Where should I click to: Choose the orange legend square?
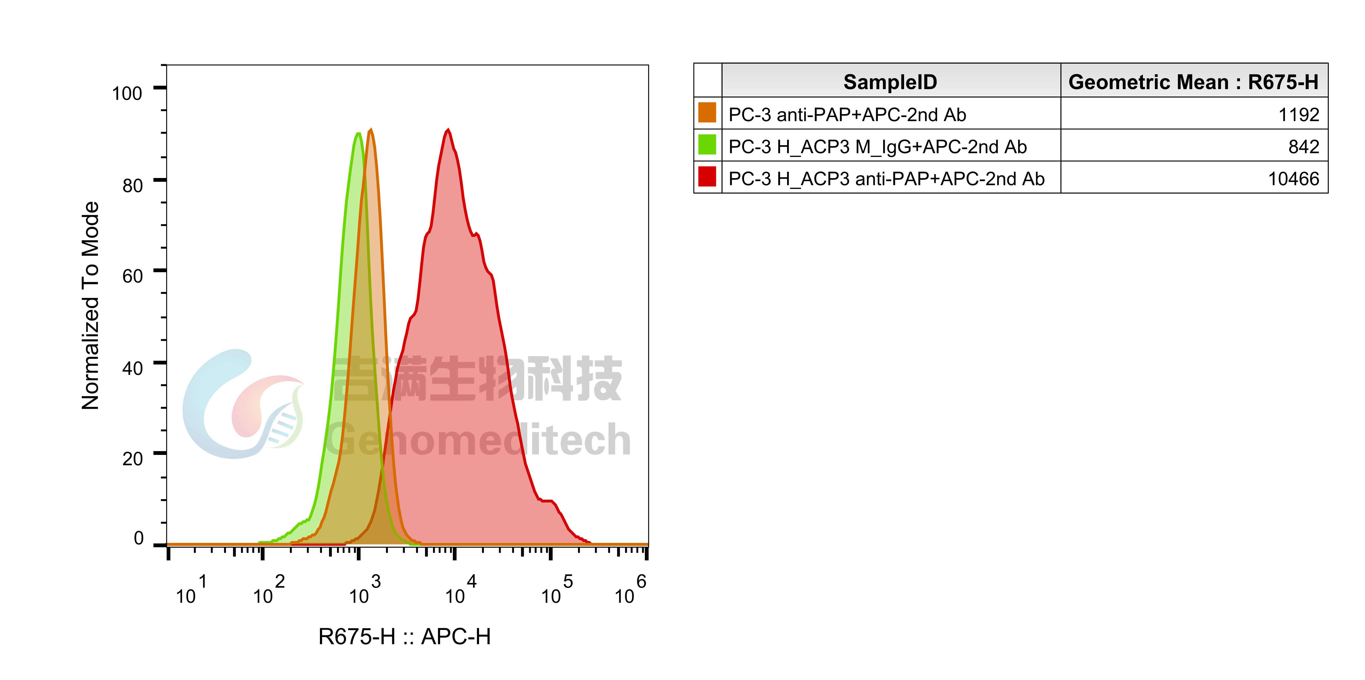point(707,112)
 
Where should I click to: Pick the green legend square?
point(707,144)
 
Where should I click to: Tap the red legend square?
point(707,176)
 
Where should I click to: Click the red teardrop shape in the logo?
point(254,405)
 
